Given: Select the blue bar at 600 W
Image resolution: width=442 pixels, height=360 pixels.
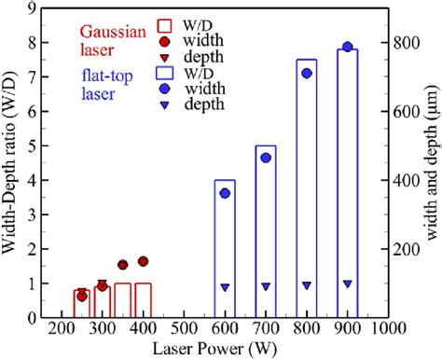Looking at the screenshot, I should (225, 248).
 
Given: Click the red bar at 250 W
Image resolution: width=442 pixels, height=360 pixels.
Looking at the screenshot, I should (82, 303).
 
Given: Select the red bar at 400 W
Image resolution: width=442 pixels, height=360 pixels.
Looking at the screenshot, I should (143, 299).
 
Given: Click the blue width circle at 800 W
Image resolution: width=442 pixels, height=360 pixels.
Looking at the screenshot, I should (306, 73).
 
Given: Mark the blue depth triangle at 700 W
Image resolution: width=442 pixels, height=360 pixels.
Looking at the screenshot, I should (266, 287).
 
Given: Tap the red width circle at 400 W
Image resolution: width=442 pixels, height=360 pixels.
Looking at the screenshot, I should (143, 261).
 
